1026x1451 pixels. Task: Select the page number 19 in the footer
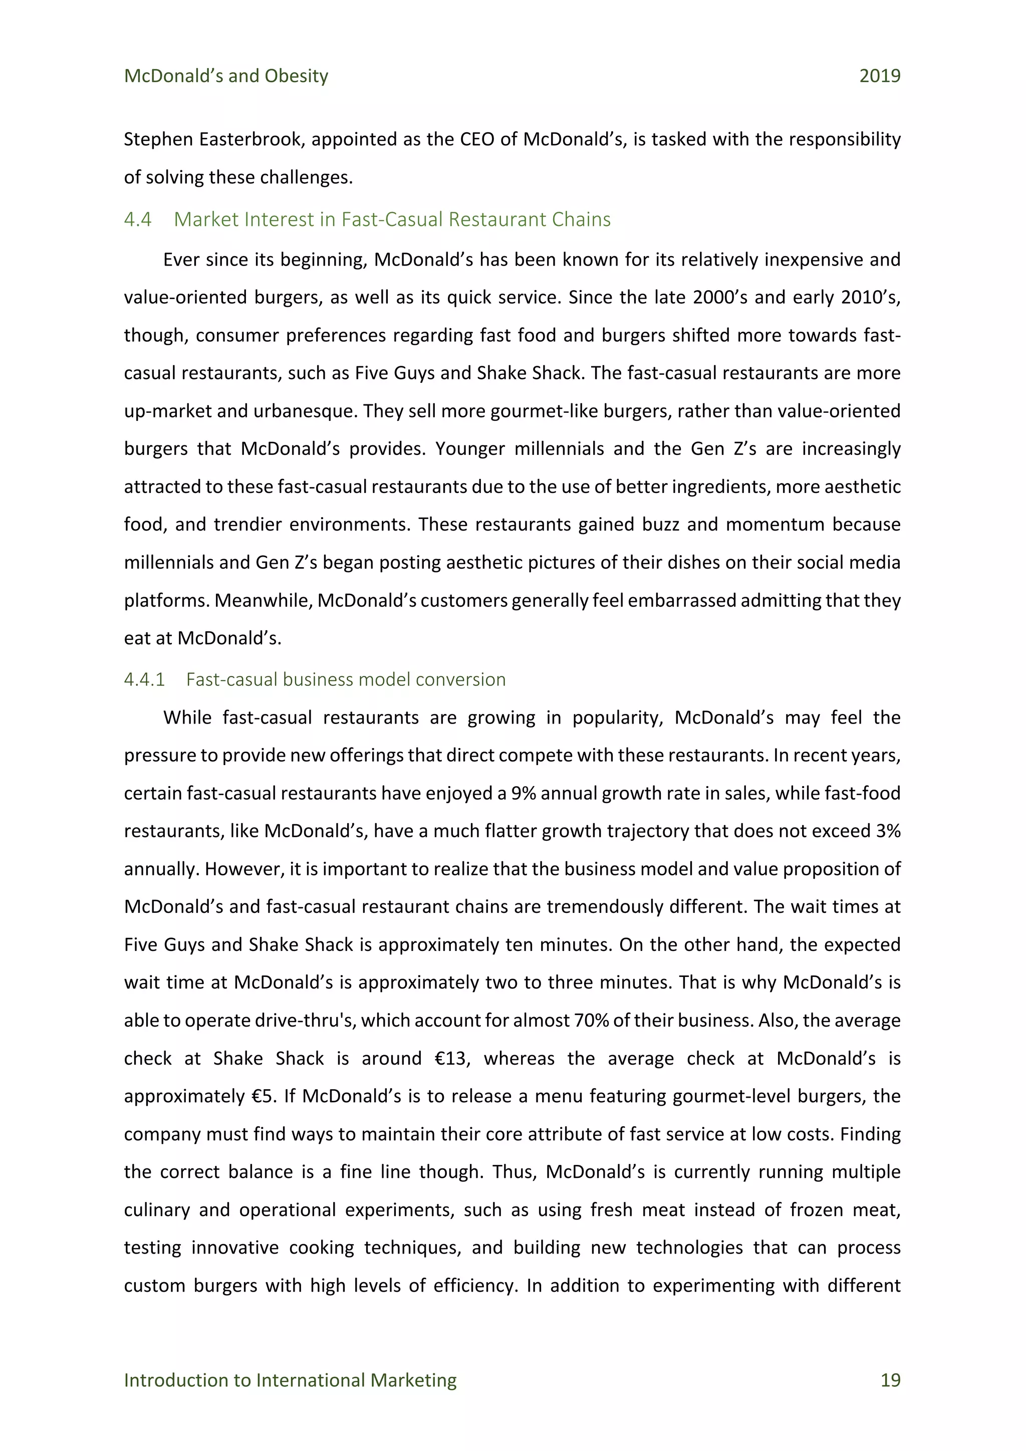pos(890,1380)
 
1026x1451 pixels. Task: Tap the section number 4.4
pos(138,219)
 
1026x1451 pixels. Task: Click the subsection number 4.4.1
pos(144,679)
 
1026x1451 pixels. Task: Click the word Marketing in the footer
pos(413,1380)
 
